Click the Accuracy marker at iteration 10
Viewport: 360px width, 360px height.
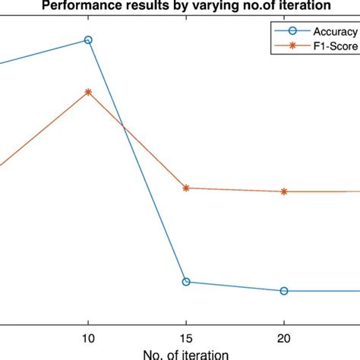88,39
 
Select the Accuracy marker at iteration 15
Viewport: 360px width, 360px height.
186,282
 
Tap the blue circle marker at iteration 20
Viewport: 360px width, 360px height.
284,291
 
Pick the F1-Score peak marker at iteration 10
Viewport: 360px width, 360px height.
88,92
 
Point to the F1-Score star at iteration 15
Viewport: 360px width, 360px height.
186,188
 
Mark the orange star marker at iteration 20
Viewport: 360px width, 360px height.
284,191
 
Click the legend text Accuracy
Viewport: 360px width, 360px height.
332,33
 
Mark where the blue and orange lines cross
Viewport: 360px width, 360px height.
124,128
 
